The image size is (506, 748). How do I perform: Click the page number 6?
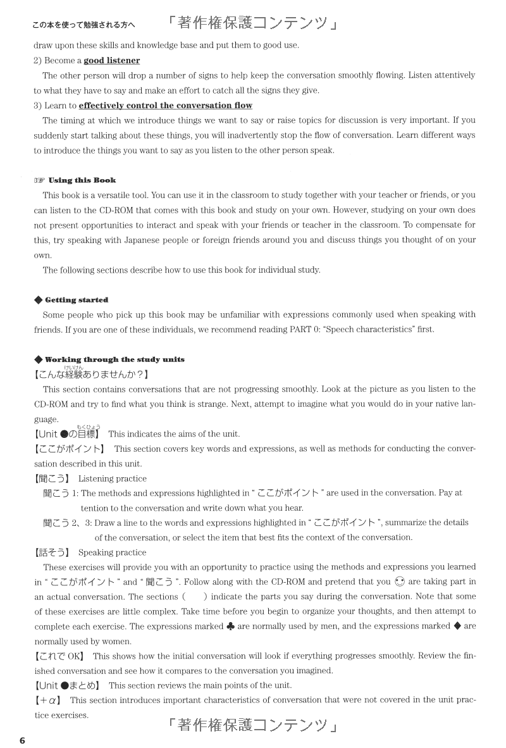22,740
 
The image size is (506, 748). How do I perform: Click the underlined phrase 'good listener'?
112,61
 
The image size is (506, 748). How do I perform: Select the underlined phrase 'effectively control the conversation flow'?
165,106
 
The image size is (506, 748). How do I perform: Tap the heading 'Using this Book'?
82,180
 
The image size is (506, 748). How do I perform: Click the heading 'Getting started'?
77,300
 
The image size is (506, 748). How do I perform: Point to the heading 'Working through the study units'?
114,359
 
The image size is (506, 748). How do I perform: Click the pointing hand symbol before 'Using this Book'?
39,180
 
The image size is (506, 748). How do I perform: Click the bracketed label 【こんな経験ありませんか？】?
91,374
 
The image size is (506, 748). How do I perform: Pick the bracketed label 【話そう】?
52,552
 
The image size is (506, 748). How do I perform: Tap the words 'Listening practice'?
112,478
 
